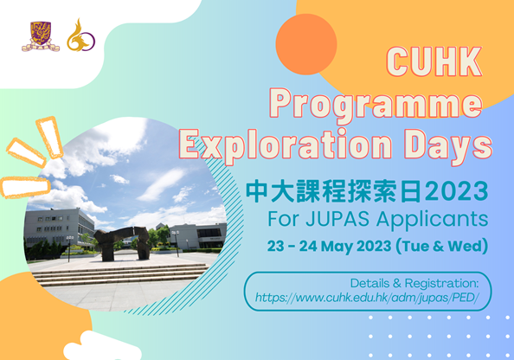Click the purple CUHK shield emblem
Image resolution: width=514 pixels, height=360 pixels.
click(41, 36)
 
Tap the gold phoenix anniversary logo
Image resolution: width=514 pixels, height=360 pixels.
click(80, 35)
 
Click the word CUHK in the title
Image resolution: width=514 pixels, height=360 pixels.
click(434, 61)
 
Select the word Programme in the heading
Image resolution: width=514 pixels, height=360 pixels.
click(376, 104)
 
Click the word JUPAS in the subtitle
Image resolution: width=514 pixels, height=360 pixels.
click(337, 219)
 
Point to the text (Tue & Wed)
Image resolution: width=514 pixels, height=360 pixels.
click(442, 247)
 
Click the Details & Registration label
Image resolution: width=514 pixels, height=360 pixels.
click(414, 283)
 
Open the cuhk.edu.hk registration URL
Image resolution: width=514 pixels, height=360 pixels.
click(367, 298)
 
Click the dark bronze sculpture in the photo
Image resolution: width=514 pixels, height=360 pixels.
click(122, 242)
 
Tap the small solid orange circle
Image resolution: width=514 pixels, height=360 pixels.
click(306, 44)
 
